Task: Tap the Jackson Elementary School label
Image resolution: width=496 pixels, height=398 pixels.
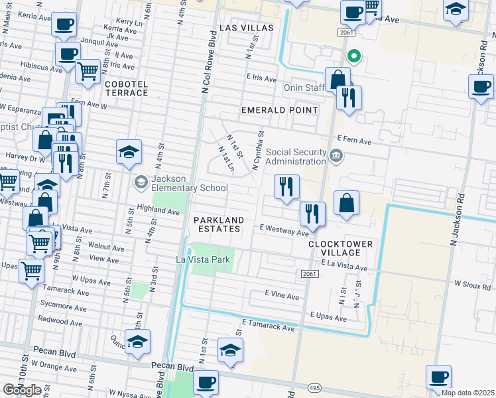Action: (x=190, y=182)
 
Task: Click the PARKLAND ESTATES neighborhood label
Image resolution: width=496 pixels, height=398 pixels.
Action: (x=217, y=224)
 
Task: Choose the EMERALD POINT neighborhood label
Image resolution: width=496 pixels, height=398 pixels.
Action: (x=279, y=109)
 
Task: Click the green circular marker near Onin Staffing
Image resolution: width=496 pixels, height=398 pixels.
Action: (x=354, y=56)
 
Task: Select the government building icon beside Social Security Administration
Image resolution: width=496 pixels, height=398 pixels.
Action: (x=336, y=157)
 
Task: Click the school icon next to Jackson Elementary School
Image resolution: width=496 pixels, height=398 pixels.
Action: (x=141, y=182)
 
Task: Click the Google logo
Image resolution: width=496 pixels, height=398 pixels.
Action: (x=22, y=390)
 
